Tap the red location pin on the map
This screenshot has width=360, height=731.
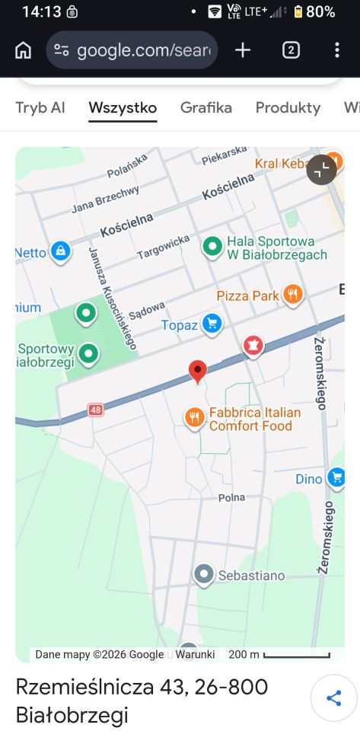click(x=198, y=371)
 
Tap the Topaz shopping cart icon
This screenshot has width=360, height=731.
click(x=212, y=324)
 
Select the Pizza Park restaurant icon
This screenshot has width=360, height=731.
click(x=292, y=294)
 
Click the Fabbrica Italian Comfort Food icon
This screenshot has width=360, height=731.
click(x=195, y=417)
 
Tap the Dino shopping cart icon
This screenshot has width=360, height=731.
click(x=336, y=477)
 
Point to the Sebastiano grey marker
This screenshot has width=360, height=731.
click(x=203, y=574)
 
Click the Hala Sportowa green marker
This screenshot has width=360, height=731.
click(x=212, y=246)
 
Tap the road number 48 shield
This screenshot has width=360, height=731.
click(x=95, y=410)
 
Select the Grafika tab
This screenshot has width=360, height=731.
click(x=206, y=108)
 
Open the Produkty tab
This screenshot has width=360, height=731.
click(x=288, y=108)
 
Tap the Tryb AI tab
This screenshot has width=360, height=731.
click(x=40, y=108)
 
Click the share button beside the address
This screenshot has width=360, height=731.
click(x=333, y=699)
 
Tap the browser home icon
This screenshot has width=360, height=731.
click(x=24, y=50)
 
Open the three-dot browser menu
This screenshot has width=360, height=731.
click(x=337, y=50)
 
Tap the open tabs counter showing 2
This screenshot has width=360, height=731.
click(x=291, y=50)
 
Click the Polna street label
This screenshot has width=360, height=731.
click(x=231, y=497)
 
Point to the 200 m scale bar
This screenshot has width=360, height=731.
click(x=296, y=655)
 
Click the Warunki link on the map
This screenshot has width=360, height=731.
click(x=196, y=655)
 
